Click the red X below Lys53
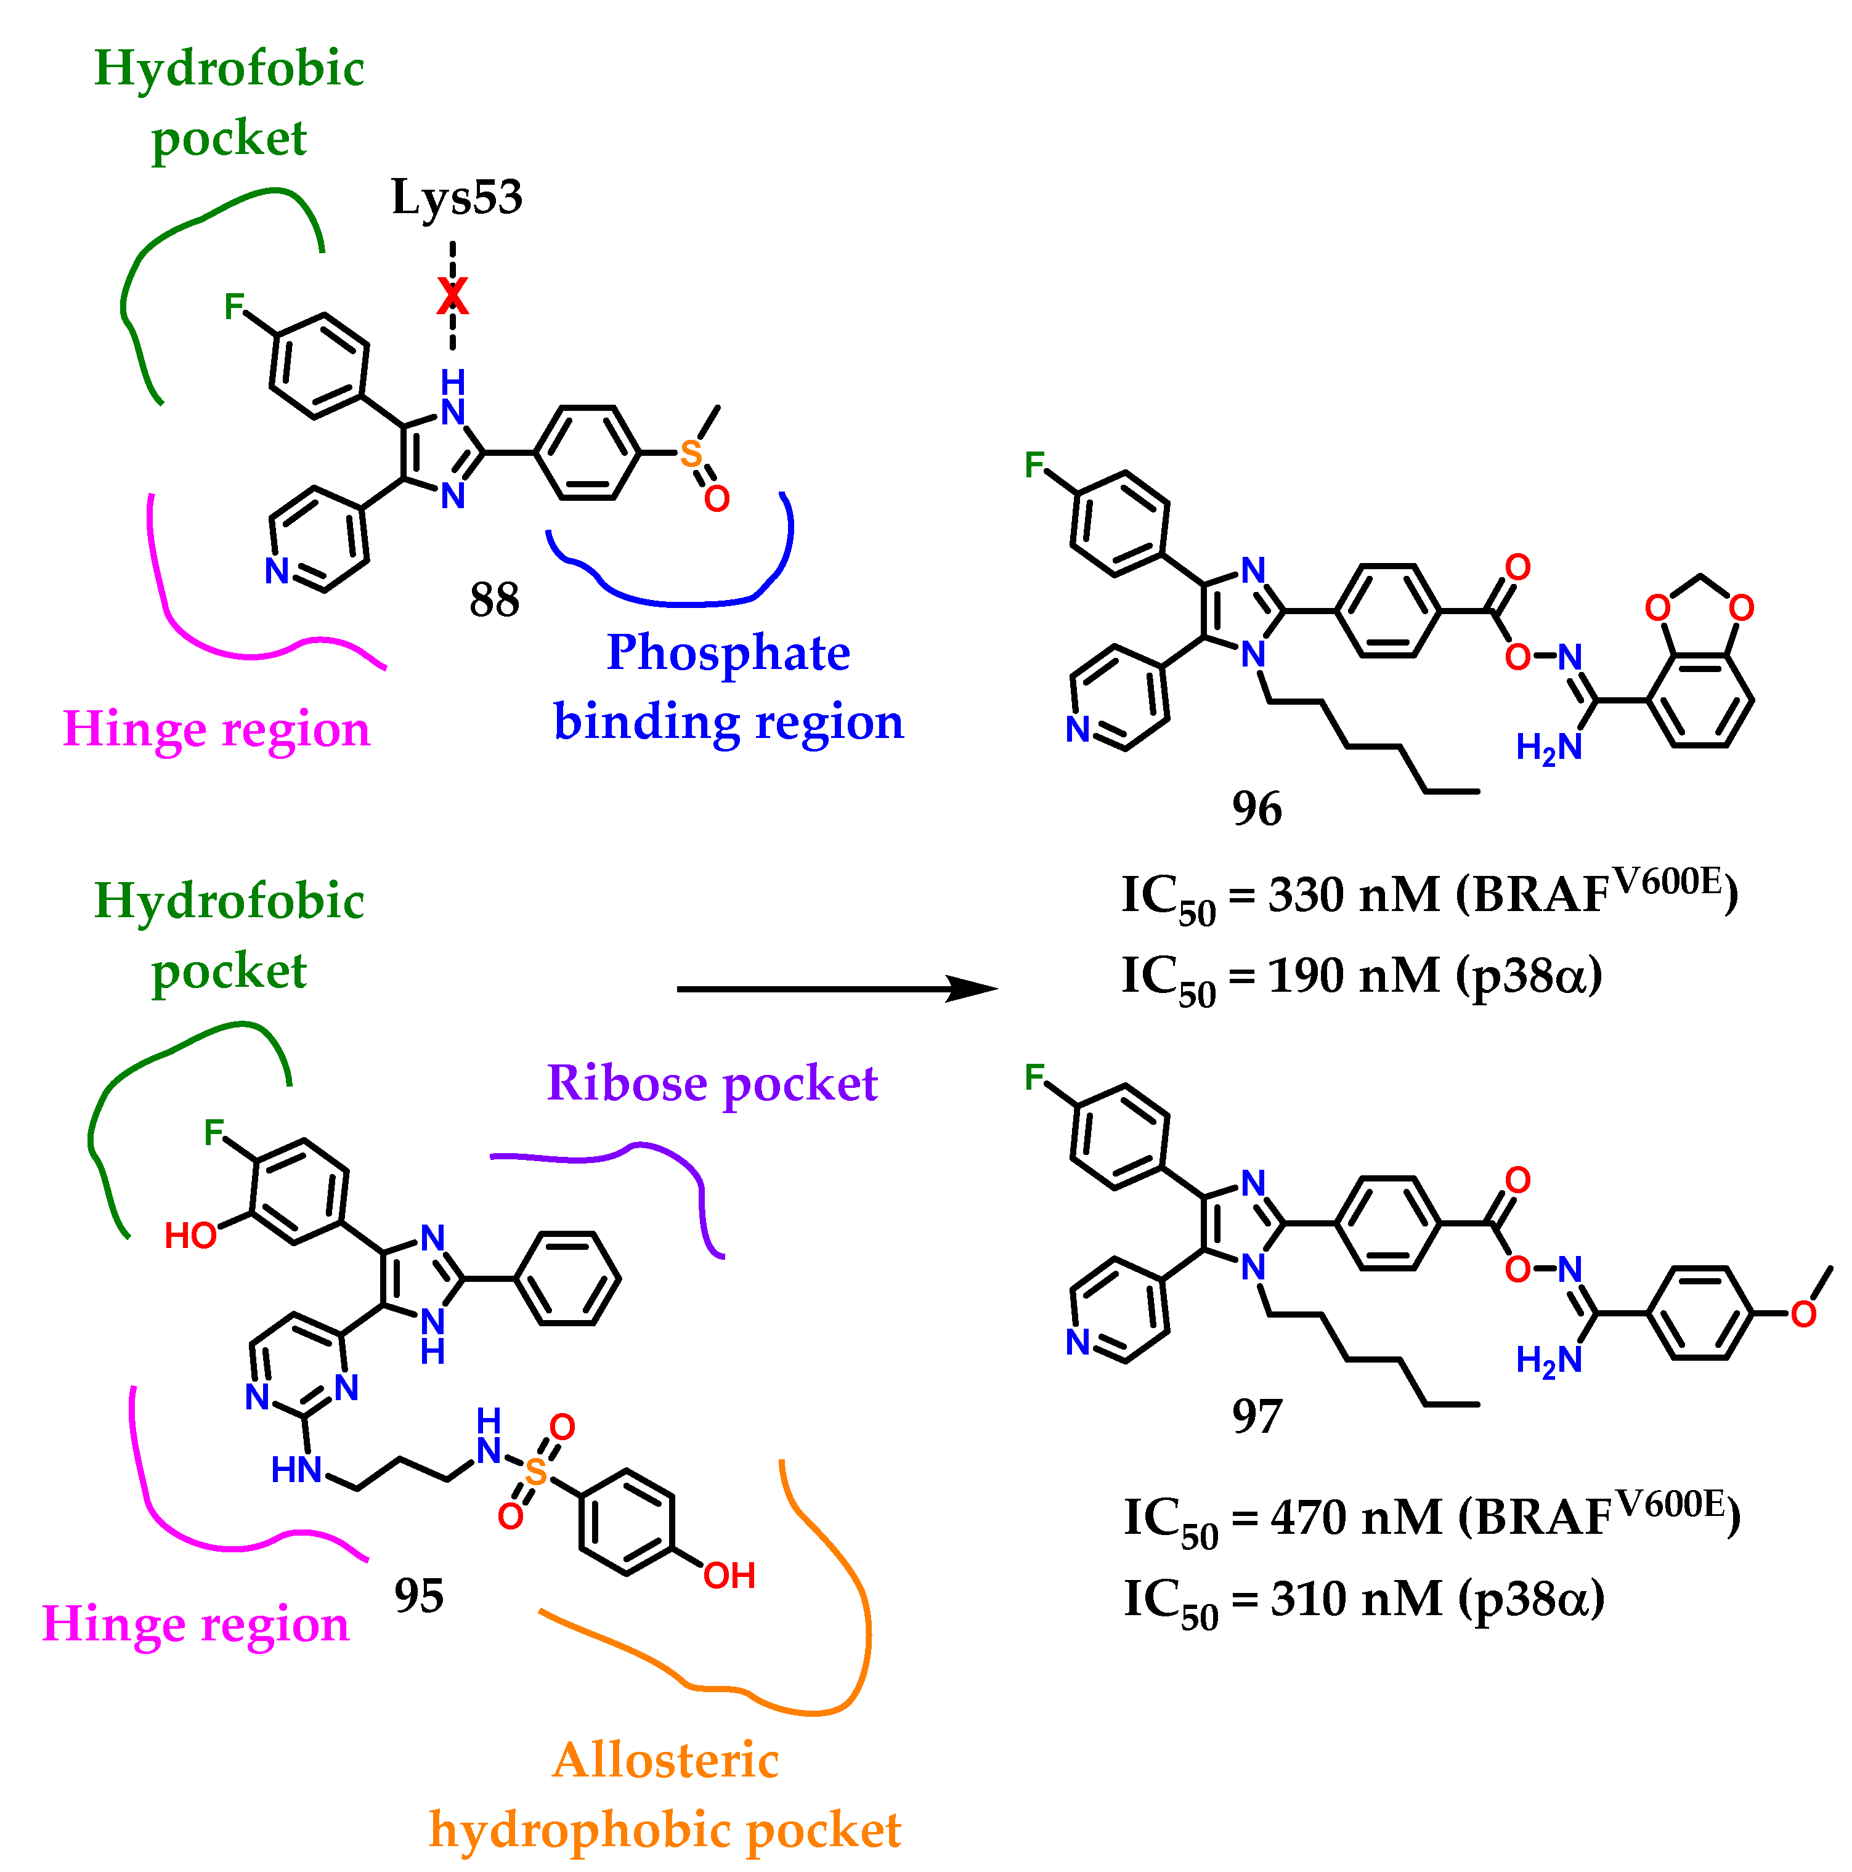pyautogui.click(x=452, y=296)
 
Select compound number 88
pyautogui.click(x=494, y=600)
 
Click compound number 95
pyautogui.click(x=419, y=1596)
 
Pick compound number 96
pyautogui.click(x=1257, y=808)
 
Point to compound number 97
pyautogui.click(x=1257, y=1417)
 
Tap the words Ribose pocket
pyautogui.click(x=712, y=1084)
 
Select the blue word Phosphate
pyautogui.click(x=728, y=652)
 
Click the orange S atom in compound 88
pyautogui.click(x=690, y=453)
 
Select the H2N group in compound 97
pyautogui.click(x=1548, y=1360)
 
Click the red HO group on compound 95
pyautogui.click(x=190, y=1236)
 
